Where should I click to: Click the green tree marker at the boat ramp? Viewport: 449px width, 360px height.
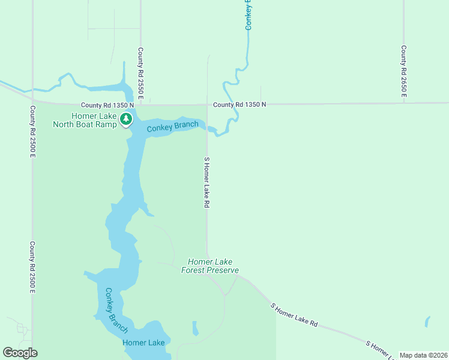tap(125, 119)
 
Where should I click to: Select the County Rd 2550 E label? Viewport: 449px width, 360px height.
tap(140, 73)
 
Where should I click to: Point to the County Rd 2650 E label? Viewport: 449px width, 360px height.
tap(404, 71)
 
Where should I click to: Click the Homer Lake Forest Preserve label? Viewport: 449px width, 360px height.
tap(210, 266)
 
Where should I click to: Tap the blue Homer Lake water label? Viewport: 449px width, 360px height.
tap(143, 343)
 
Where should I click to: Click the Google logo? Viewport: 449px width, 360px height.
tap(20, 353)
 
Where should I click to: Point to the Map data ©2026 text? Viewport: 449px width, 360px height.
tap(423, 355)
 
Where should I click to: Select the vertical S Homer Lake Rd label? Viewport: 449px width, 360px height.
tap(206, 182)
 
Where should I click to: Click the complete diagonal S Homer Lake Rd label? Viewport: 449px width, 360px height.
tap(294, 314)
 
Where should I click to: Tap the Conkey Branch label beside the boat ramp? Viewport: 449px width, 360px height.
tap(173, 126)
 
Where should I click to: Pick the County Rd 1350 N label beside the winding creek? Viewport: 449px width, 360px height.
tap(239, 104)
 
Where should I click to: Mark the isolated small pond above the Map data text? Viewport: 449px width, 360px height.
tap(427, 321)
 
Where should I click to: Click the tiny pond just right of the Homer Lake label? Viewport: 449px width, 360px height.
tap(195, 328)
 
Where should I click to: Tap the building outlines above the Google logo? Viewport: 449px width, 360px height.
tap(22, 329)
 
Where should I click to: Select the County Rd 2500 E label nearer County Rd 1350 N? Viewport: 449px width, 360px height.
tap(32, 131)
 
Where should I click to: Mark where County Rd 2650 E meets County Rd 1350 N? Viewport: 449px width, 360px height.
tap(404, 103)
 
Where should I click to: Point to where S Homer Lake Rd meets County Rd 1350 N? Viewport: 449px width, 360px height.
tap(207, 104)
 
